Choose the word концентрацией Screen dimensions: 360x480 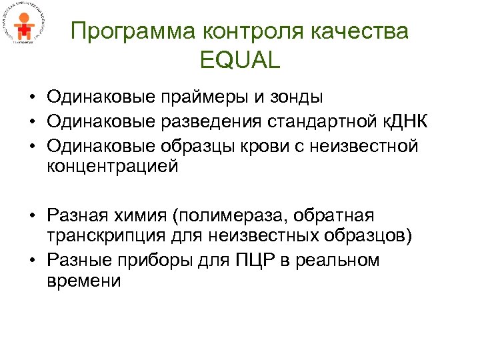point(113,166)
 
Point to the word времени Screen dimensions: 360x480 point(84,281)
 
